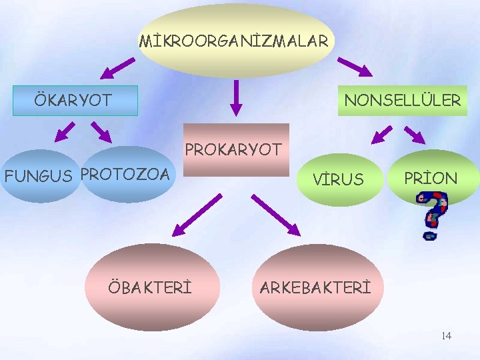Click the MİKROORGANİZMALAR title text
coord(234,41)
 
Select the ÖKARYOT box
coord(75,101)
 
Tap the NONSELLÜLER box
coord(402,101)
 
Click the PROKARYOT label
coord(234,149)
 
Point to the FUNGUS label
coord(38,177)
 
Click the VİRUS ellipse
coord(339,179)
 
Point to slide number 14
coord(446,335)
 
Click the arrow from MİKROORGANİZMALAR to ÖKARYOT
coord(117,67)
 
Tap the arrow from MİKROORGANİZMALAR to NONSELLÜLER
coord(355,67)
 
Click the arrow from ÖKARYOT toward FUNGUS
coord(65,132)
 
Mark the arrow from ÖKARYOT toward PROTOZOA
coord(101,132)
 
